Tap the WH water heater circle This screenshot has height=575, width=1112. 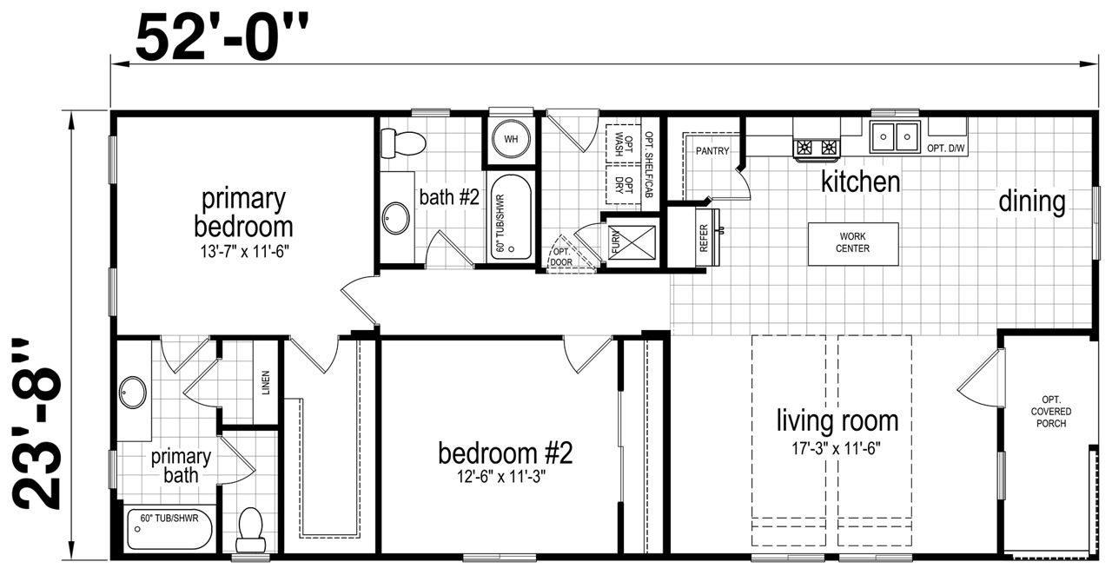pyautogui.click(x=511, y=139)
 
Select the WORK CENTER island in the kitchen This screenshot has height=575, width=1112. pyautogui.click(x=853, y=243)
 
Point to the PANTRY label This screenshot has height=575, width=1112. pyautogui.click(x=712, y=151)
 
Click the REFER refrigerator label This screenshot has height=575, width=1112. pyautogui.click(x=704, y=238)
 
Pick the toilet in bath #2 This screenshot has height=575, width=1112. pyautogui.click(x=403, y=143)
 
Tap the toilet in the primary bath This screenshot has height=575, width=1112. pyautogui.click(x=251, y=530)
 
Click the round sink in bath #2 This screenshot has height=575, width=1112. pyautogui.click(x=395, y=218)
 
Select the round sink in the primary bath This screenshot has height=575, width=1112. pyautogui.click(x=133, y=393)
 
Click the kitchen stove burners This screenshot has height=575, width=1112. pyautogui.click(x=817, y=148)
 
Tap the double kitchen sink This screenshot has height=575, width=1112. pyautogui.click(x=895, y=136)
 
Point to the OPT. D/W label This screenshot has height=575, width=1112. pyautogui.click(x=946, y=148)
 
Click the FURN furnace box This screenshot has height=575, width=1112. pyautogui.click(x=632, y=242)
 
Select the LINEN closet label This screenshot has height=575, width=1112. pyautogui.click(x=266, y=383)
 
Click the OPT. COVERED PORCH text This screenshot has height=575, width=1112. pyautogui.click(x=1051, y=412)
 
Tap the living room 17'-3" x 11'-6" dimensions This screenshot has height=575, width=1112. pyautogui.click(x=836, y=449)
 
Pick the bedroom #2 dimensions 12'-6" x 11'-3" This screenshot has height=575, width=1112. pyautogui.click(x=501, y=477)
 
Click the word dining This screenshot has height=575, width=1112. pyautogui.click(x=1032, y=202)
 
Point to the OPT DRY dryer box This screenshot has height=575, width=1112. pyautogui.click(x=624, y=185)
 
